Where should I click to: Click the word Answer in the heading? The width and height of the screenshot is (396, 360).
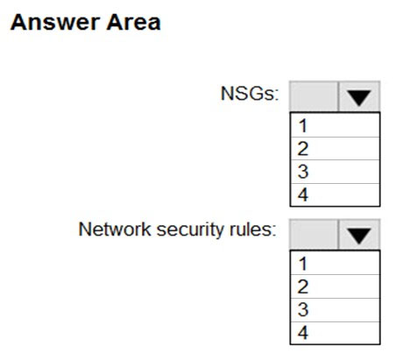54,22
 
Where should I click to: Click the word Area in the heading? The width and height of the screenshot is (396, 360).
133,22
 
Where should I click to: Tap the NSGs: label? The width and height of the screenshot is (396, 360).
250,94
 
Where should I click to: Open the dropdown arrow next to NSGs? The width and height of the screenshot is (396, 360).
359,96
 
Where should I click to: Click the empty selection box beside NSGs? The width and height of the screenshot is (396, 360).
314,96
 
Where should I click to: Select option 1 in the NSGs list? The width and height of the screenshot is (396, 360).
335,125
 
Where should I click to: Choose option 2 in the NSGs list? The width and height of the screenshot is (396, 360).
335,149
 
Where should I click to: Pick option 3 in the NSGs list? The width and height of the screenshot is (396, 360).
335,172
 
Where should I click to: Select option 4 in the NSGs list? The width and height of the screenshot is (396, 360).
335,194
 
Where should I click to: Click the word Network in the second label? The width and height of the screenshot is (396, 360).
115,229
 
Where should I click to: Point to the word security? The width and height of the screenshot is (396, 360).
191,230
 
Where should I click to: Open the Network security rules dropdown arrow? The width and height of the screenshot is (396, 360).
359,235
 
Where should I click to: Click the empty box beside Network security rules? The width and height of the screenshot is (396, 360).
314,235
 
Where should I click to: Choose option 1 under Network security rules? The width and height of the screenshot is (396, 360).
335,264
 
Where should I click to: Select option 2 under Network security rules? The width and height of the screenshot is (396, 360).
335,286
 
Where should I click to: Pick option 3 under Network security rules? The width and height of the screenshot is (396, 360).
335,310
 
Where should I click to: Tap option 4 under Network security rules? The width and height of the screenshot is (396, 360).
335,333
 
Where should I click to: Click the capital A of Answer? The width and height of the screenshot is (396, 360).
18,22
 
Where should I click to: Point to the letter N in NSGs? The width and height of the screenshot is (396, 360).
227,94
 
